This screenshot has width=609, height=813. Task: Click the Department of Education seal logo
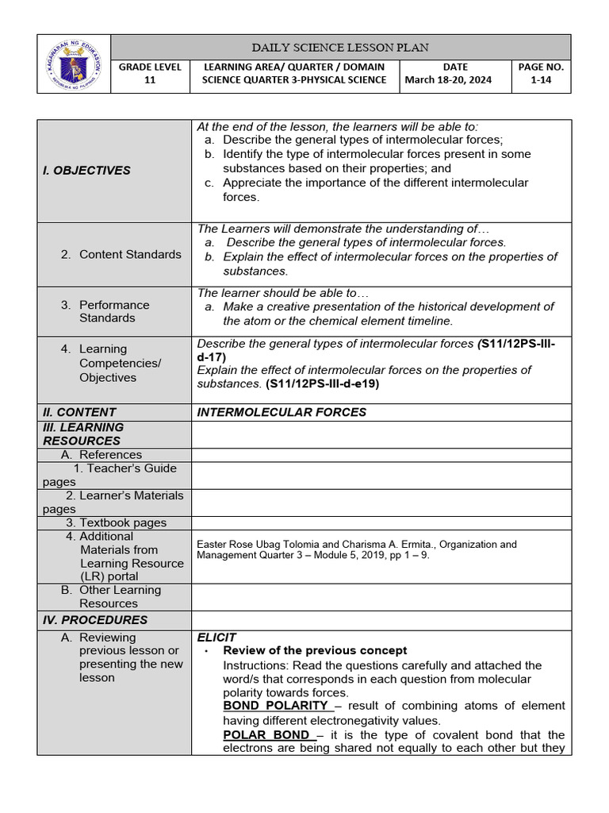click(73, 64)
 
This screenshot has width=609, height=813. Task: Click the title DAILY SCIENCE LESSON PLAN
click(340, 47)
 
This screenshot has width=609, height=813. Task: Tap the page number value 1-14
click(540, 79)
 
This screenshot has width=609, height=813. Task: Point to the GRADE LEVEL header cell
click(150, 67)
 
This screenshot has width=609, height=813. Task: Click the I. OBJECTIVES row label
click(87, 170)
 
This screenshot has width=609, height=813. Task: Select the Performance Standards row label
click(113, 311)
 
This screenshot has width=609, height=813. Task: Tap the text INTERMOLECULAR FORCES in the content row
click(282, 412)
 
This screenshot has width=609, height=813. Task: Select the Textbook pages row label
click(116, 522)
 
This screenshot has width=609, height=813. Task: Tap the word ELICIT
click(216, 637)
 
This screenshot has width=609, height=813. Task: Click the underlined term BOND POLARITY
click(275, 705)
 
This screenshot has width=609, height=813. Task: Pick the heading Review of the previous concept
click(315, 650)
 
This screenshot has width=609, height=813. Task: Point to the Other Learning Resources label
click(119, 596)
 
